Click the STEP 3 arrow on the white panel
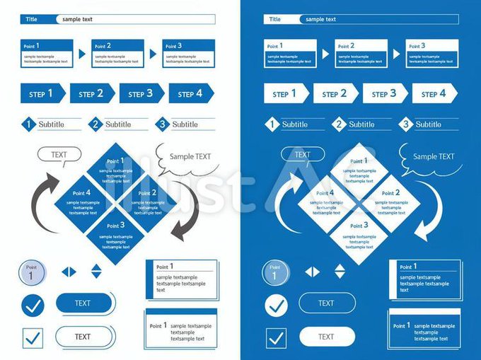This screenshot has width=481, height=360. coord(141,93)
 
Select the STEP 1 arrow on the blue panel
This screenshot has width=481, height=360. coord(286,93)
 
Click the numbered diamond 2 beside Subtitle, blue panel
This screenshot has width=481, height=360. coord(339,124)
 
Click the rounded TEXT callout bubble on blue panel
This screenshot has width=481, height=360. coord(303,155)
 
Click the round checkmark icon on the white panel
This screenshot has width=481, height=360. coord(33,306)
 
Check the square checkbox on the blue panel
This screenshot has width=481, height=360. coord(276,338)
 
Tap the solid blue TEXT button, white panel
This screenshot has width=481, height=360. coord(83,303)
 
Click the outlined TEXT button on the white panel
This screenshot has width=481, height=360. coord(83,337)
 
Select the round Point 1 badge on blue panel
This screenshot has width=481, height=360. coord(275,274)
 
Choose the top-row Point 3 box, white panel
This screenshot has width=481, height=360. coord(188,54)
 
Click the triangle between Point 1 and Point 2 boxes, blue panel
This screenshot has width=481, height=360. coord(325,54)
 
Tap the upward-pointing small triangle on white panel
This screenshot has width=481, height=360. coord(96,267)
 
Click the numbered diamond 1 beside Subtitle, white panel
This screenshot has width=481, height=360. coord(28,124)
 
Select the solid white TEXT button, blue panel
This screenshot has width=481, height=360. coord(327,337)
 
